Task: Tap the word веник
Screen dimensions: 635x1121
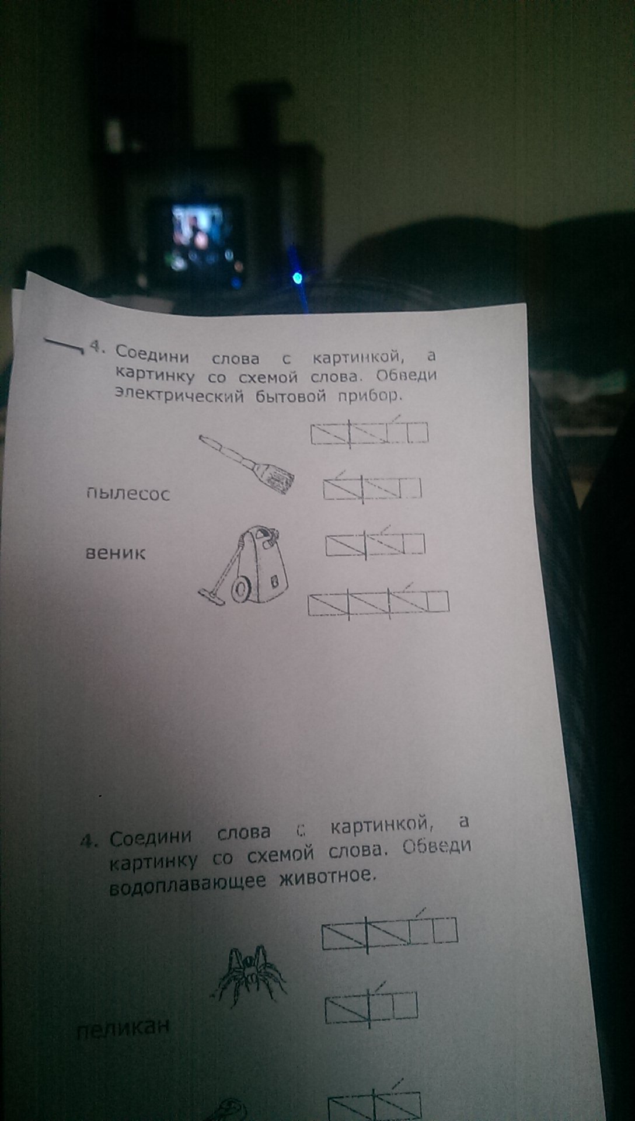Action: (x=116, y=552)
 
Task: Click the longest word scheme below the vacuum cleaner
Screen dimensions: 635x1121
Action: (x=378, y=604)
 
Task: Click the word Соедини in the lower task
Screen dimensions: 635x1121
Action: (x=151, y=837)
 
